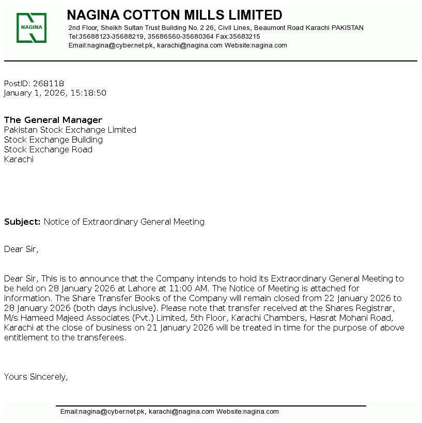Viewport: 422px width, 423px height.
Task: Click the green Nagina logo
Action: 32,28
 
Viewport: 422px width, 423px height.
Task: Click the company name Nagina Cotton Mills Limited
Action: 175,15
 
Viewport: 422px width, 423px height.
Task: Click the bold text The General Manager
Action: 53,120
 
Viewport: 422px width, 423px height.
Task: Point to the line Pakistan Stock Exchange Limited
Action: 70,130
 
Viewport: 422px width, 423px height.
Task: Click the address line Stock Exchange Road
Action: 48,150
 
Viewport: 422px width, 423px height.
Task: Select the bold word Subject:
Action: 22,222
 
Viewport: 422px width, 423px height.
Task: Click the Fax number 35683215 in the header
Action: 245,37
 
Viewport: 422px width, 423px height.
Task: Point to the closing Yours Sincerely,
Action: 36,377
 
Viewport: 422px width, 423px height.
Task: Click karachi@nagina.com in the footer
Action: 181,412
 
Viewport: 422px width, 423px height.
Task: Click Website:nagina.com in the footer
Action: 247,412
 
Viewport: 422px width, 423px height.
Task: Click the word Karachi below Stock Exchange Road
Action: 19,160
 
